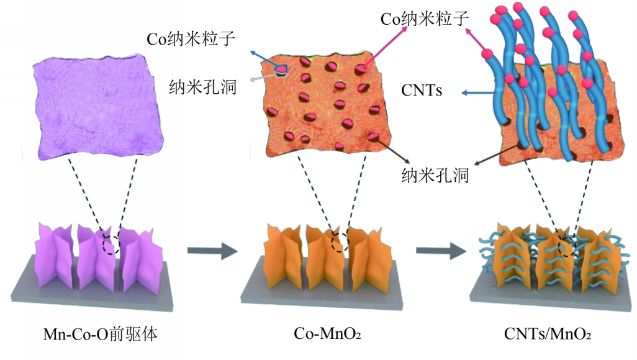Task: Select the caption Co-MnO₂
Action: [327, 335]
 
